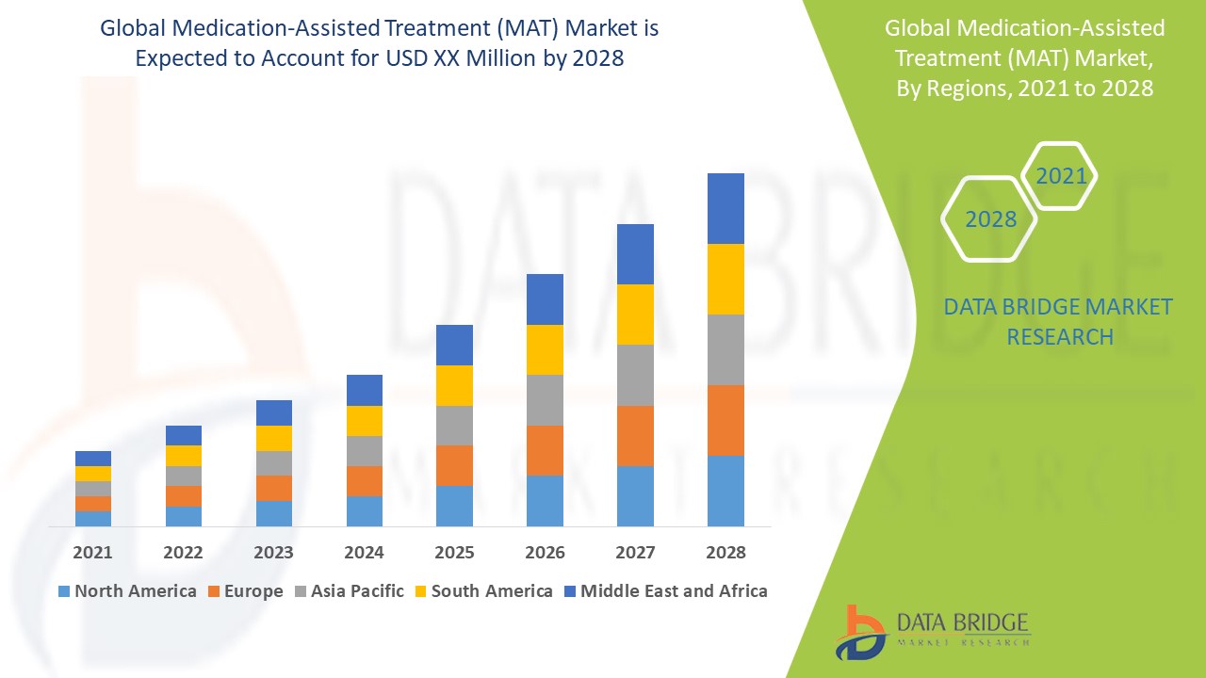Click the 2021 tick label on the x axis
coord(92,552)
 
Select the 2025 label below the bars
coord(454,552)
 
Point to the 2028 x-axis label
coord(725,552)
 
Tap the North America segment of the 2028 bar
coord(725,491)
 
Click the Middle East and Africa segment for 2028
coord(725,208)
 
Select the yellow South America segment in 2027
coord(635,315)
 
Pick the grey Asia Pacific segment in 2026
coord(545,400)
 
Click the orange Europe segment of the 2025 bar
coord(454,465)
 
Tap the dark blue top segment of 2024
coord(365,390)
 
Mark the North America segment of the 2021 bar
coord(92,518)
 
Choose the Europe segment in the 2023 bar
coord(274,488)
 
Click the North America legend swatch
coord(64,592)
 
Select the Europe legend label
coord(253,591)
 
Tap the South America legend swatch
coord(419,592)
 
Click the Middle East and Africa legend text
coord(674,591)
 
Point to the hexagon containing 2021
coord(1061,176)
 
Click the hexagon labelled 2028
coord(990,219)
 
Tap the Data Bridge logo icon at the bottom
coord(860,632)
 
